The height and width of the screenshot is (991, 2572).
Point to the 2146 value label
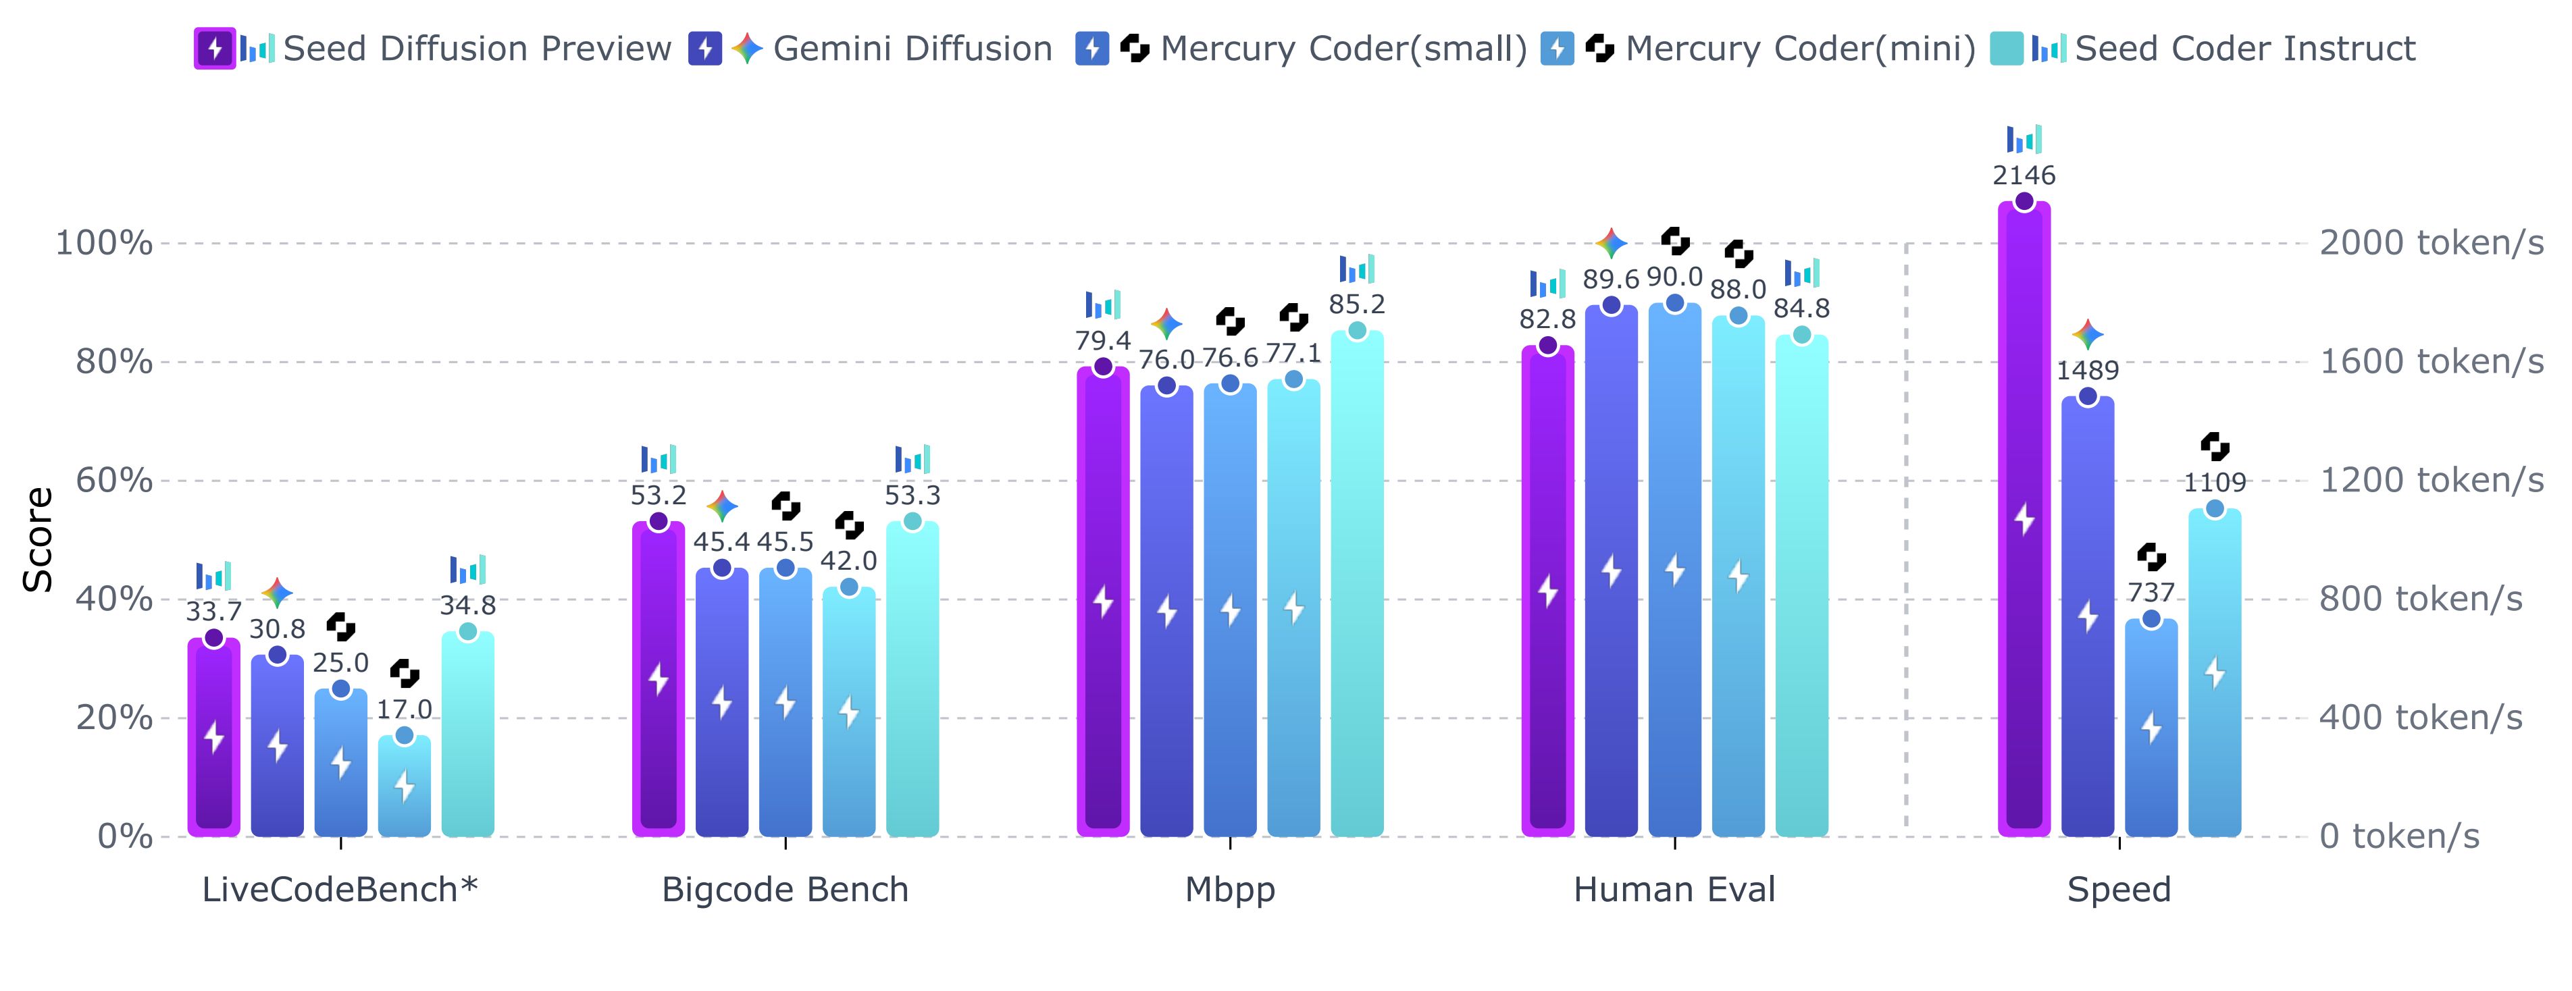point(2024,176)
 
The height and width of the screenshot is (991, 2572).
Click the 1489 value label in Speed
point(2087,370)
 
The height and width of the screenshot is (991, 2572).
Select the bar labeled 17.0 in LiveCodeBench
point(405,788)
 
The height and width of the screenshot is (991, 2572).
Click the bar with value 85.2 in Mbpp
point(1357,589)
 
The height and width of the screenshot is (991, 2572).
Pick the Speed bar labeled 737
point(2151,728)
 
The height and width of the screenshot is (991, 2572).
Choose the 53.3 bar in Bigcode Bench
point(912,678)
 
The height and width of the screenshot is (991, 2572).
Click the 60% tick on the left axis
point(115,480)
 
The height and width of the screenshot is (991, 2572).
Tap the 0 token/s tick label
point(2398,836)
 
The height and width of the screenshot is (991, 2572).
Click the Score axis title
point(38,539)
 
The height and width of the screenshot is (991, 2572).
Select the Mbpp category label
point(1230,889)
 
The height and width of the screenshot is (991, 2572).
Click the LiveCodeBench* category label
point(340,889)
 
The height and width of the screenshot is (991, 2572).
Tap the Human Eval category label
point(1674,889)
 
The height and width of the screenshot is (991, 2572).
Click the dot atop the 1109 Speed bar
point(2215,509)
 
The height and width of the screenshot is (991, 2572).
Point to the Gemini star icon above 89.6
point(1610,242)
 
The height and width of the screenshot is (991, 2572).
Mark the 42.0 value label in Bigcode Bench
point(849,561)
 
